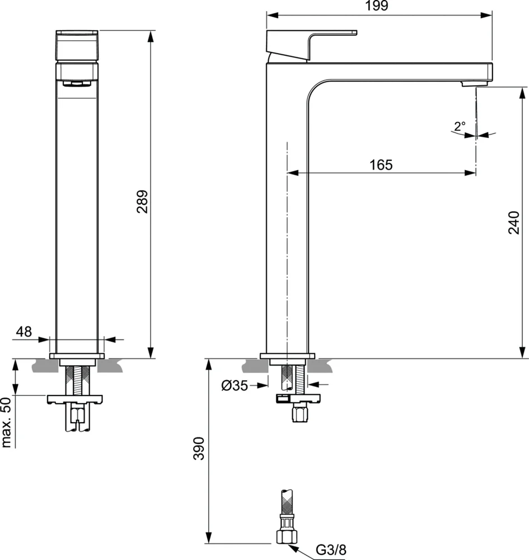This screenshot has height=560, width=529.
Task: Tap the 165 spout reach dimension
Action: tap(381, 165)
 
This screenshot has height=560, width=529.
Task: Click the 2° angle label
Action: tap(460, 127)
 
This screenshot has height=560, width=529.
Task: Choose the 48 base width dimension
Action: tap(24, 332)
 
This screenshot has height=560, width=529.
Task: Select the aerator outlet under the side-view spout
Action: tap(469, 83)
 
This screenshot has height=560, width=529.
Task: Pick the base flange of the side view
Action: tap(288, 356)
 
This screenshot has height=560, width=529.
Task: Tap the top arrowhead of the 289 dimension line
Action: tap(151, 35)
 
